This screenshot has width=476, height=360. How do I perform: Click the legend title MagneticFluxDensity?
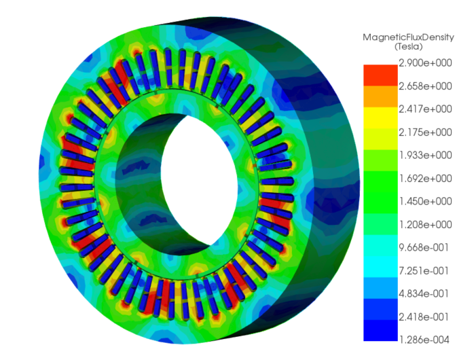(x=408, y=37)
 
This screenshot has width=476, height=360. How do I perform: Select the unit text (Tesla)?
(x=408, y=47)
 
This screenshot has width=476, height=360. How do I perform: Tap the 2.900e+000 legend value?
(x=425, y=63)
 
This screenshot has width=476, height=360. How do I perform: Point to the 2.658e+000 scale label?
(x=425, y=86)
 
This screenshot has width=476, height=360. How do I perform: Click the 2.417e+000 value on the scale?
(x=425, y=109)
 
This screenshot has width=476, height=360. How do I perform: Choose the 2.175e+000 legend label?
(x=425, y=132)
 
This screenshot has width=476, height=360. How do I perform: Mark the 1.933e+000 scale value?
(x=425, y=155)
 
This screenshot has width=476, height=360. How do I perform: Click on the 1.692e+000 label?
(x=425, y=179)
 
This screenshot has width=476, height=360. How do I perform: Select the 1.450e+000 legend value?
(x=425, y=201)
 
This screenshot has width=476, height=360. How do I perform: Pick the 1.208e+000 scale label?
(x=425, y=225)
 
